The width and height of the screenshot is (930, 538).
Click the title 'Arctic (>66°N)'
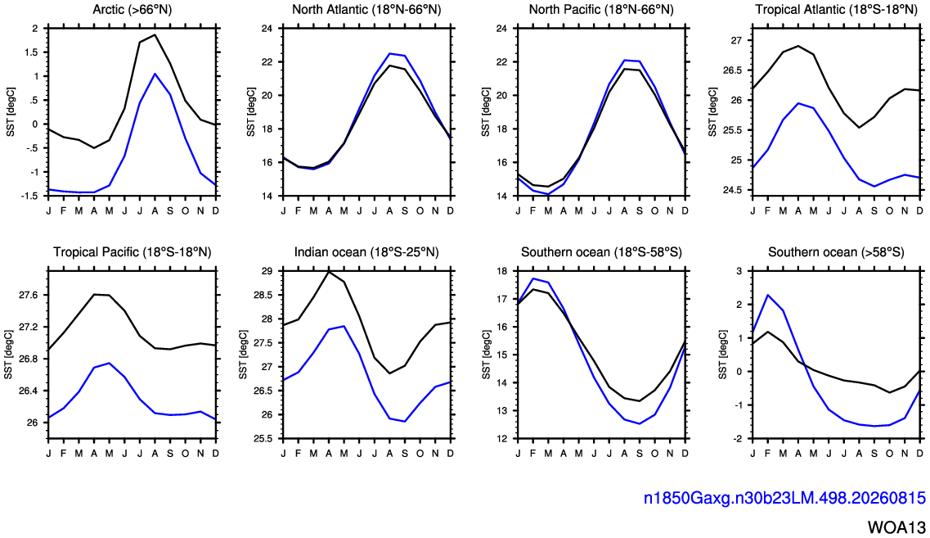point(133,10)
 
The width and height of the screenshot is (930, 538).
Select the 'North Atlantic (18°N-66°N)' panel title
point(366,10)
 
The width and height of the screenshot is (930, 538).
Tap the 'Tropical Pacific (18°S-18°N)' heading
point(133,252)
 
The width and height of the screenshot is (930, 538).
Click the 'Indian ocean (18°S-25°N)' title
point(366,252)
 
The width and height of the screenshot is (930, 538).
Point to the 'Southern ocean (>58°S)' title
point(836,252)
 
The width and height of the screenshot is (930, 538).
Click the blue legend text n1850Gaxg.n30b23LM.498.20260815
point(784,498)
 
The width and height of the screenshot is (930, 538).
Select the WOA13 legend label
point(896,527)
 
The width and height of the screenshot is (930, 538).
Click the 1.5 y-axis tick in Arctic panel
point(32,52)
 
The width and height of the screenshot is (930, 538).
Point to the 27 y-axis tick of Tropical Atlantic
point(736,40)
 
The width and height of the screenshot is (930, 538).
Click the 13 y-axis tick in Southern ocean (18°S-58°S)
point(501,410)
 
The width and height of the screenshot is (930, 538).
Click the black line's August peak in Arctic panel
point(155,34)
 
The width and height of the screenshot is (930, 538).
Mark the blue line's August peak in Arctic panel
point(155,74)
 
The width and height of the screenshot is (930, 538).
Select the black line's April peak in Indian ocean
point(329,271)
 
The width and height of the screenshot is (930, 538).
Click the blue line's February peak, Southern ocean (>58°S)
point(767,295)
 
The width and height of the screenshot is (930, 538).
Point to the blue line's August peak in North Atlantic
point(389,53)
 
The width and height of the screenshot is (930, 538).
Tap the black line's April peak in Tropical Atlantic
point(797,46)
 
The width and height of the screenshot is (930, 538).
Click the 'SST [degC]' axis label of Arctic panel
point(11,112)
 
